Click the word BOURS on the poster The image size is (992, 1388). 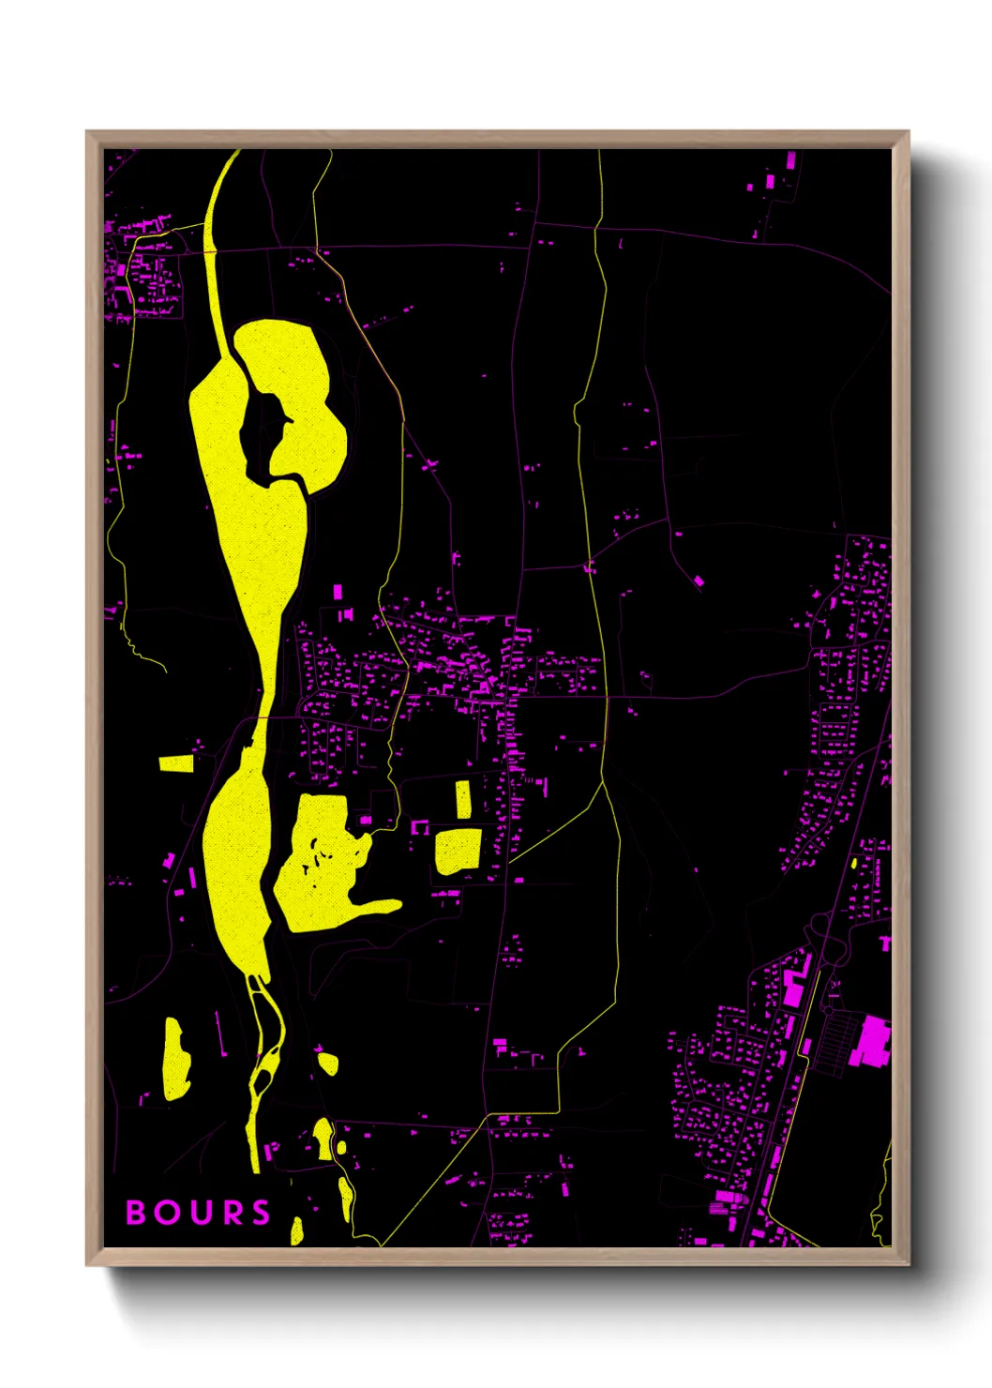pyautogui.click(x=198, y=1213)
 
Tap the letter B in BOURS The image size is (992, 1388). pyautogui.click(x=136, y=1213)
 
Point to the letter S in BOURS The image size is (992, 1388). pyautogui.click(x=261, y=1213)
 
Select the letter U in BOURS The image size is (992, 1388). pyautogui.click(x=199, y=1213)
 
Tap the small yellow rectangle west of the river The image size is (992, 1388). pyautogui.click(x=176, y=763)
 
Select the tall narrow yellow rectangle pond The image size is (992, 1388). pyautogui.click(x=463, y=799)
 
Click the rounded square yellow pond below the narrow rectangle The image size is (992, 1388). pyautogui.click(x=458, y=851)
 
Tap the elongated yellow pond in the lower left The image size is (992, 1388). pyautogui.click(x=175, y=1059)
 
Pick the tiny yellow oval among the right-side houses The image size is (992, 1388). pyautogui.click(x=854, y=862)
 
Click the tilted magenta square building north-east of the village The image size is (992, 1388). pyautogui.click(x=699, y=581)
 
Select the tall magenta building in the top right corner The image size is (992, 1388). pyautogui.click(x=790, y=160)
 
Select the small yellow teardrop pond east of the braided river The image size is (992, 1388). pyautogui.click(x=327, y=1063)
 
